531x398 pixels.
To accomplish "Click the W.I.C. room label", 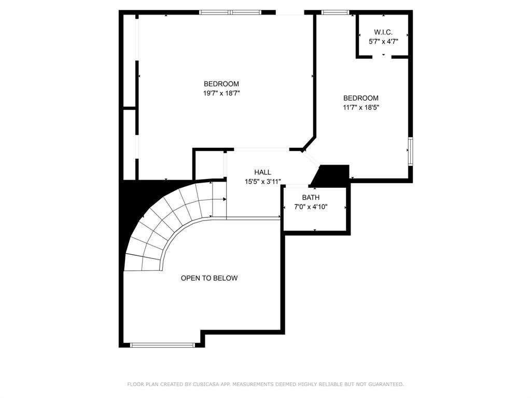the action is click(383, 32).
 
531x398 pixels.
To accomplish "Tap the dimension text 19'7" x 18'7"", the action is click(221, 93).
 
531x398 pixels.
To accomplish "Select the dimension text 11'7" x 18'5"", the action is click(361, 107).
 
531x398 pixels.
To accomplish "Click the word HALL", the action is click(262, 172).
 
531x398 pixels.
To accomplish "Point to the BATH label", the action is click(311, 197).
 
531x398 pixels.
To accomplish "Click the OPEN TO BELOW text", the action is click(209, 278).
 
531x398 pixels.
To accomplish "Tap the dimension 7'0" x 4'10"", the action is click(311, 207).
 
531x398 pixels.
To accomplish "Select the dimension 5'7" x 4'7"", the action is click(383, 42).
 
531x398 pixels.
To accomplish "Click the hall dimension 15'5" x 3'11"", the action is click(263, 182).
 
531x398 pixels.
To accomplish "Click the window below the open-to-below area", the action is click(162, 345).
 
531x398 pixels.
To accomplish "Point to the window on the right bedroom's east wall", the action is click(411, 151).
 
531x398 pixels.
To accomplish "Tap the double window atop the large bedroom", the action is click(230, 12).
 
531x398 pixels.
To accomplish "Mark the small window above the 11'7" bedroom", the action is click(336, 12).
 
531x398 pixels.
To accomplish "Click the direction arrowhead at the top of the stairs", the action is click(225, 199).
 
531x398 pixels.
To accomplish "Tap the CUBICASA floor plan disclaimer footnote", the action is click(265, 385).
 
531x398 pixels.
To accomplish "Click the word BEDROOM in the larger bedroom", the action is click(221, 84).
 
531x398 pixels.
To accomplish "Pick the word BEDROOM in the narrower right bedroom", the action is click(361, 98).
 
